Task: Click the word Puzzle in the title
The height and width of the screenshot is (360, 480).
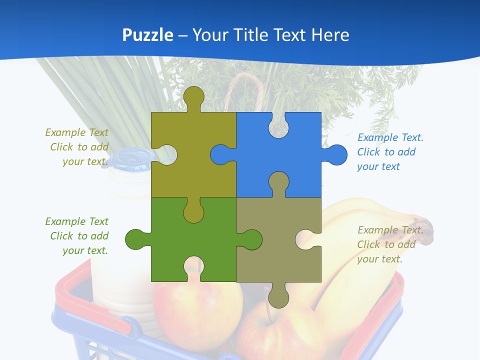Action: coord(147,35)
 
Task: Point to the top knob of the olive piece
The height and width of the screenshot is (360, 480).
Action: coord(194,97)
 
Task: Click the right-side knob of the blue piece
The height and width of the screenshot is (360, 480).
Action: coord(336,154)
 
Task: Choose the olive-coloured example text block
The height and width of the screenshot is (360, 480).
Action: coord(77,147)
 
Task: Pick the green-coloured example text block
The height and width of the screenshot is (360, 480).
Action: coord(77,236)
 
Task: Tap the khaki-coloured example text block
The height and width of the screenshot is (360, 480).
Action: coord(390,244)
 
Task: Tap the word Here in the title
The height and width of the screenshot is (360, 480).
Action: coord(330,35)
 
